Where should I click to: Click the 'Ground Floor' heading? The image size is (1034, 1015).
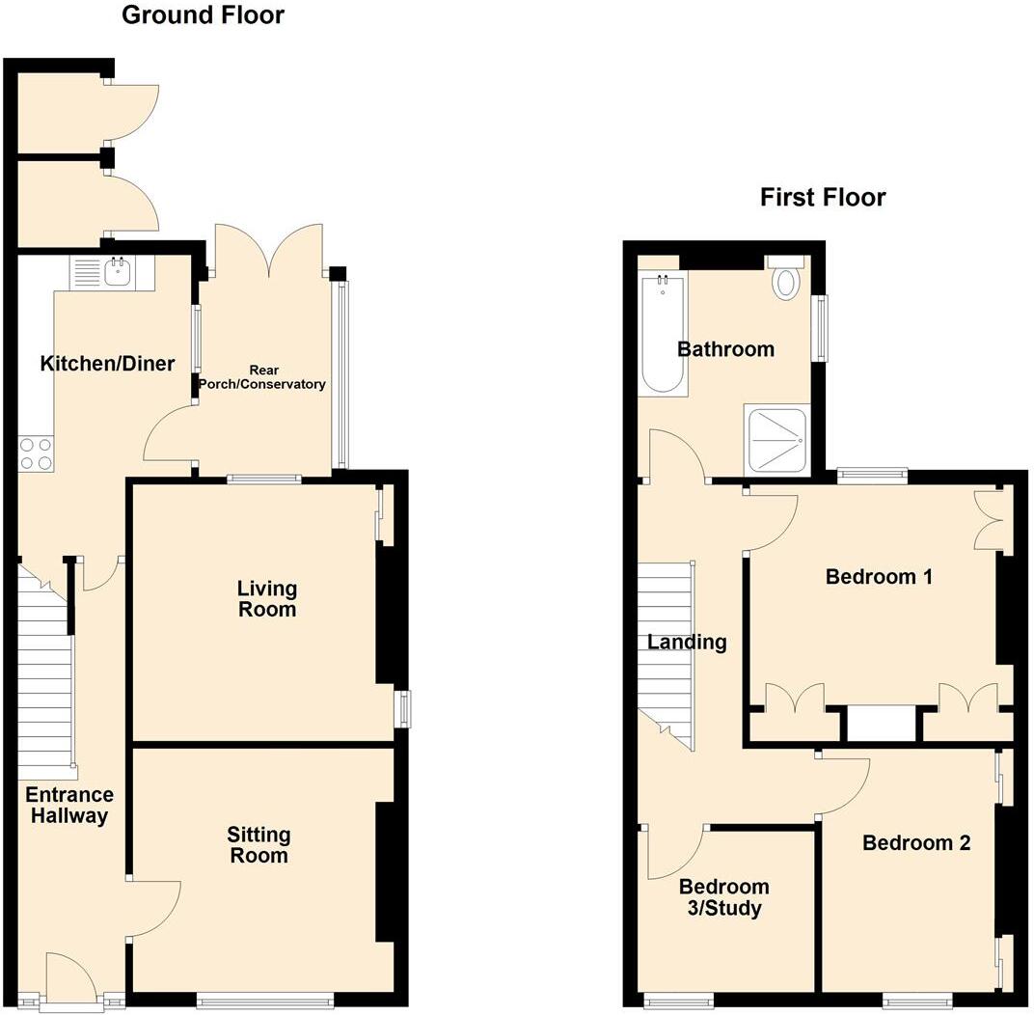(203, 15)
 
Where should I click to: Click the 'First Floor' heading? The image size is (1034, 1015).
(822, 198)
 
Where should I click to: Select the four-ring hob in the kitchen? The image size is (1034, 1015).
(36, 453)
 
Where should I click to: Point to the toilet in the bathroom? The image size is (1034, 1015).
(788, 281)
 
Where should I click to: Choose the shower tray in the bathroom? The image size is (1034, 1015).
(775, 439)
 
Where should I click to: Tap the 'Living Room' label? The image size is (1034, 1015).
(267, 598)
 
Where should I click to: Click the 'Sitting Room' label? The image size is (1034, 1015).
(258, 844)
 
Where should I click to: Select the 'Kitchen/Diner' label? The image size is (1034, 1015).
(107, 364)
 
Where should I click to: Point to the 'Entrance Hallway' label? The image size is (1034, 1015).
(68, 806)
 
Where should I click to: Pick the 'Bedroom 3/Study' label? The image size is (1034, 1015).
(723, 897)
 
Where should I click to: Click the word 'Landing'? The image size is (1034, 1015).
(687, 642)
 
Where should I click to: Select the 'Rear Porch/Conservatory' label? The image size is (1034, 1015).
(262, 377)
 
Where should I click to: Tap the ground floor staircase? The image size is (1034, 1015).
(46, 675)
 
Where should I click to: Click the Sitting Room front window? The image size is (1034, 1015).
(264, 1001)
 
